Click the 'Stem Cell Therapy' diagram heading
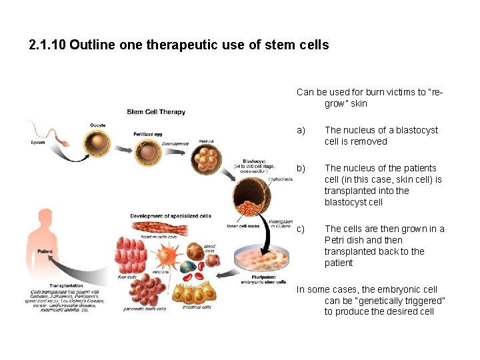click(156, 111)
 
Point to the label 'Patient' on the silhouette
click(45, 251)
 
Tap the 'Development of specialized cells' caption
click(171, 216)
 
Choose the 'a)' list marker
click(301, 130)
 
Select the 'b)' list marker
click(301, 168)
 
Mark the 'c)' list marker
click(301, 229)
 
